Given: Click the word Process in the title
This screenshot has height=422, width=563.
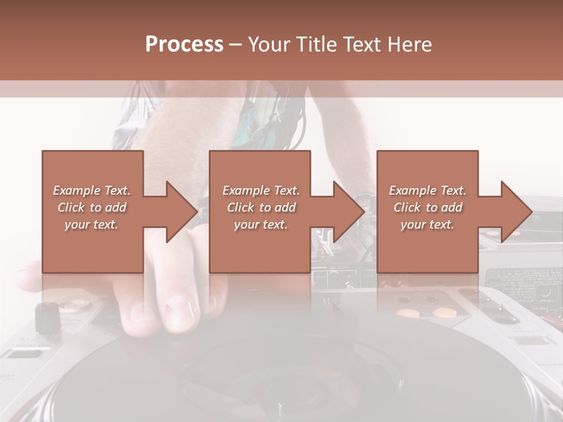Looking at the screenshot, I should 184,44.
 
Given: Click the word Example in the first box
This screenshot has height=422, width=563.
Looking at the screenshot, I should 77,190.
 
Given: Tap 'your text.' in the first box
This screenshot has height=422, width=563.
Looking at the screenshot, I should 91,224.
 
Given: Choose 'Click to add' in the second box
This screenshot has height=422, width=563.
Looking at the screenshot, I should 261,207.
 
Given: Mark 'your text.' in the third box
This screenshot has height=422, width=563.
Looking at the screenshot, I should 428,224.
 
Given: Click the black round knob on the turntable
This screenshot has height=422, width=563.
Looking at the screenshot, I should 48,316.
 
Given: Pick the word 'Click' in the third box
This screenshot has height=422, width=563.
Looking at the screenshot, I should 407,207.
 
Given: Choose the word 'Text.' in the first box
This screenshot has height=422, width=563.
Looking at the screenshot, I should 117,190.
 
